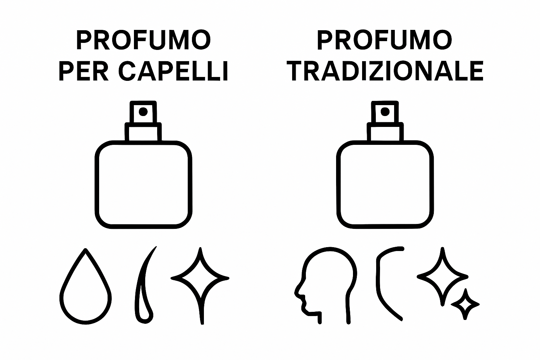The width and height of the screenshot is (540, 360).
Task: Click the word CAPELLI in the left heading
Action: tap(173, 71)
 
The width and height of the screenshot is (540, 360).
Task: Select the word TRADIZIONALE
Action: tap(385, 71)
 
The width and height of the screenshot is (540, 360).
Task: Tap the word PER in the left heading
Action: tap(83, 71)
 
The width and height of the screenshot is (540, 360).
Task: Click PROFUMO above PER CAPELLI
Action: tap(143, 40)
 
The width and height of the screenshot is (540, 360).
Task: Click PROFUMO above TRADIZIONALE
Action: tap(385, 40)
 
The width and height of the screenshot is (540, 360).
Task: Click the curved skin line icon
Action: tap(379, 284)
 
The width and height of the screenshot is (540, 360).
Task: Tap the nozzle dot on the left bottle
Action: tap(143, 112)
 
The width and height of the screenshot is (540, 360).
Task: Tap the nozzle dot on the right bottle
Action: tap(385, 112)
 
